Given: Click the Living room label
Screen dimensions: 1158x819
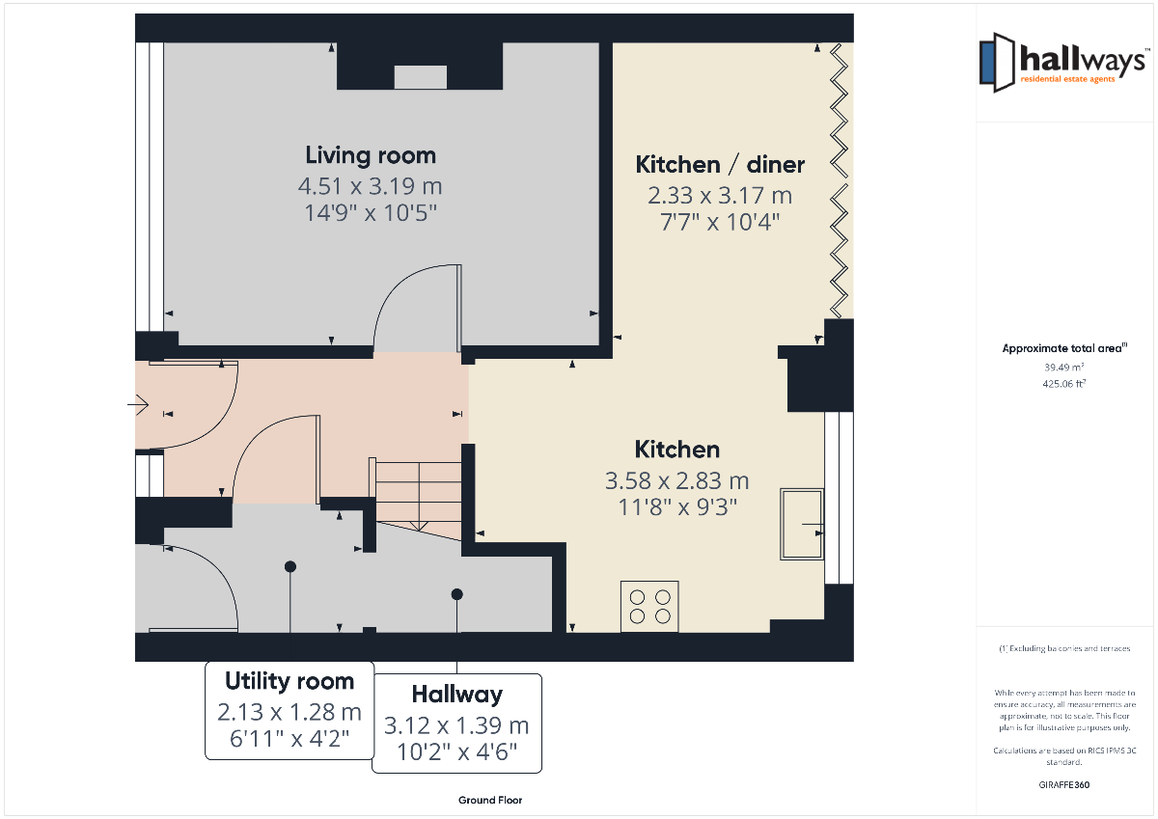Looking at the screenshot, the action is click(371, 155).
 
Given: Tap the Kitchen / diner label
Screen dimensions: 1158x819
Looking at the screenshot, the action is click(720, 164).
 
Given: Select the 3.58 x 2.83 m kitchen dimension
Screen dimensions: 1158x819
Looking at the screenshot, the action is click(676, 480).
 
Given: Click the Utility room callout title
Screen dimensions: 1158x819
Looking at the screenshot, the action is click(289, 681).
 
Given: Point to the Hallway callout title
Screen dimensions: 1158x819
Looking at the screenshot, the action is click(457, 694).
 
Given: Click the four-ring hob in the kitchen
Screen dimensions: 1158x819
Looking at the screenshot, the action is click(649, 606).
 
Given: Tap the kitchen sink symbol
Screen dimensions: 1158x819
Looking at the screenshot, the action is click(802, 524).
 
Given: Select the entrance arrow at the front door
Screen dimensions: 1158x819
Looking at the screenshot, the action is click(138, 404).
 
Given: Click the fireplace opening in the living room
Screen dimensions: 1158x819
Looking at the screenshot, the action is click(421, 77).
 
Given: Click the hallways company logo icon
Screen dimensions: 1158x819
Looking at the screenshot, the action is click(997, 63).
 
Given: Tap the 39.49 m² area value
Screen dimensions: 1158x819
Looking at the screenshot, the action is click(1063, 368).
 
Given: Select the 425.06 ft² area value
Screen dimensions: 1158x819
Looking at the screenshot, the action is click(1063, 383).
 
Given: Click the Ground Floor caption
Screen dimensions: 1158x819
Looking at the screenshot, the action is click(490, 800).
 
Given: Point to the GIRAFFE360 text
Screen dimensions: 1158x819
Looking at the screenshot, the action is click(1063, 785).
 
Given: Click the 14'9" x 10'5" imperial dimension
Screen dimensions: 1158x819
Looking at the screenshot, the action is click(371, 213).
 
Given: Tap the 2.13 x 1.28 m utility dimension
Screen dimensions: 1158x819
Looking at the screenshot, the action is click(289, 712).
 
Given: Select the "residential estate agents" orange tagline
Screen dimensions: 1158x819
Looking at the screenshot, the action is click(1067, 79).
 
